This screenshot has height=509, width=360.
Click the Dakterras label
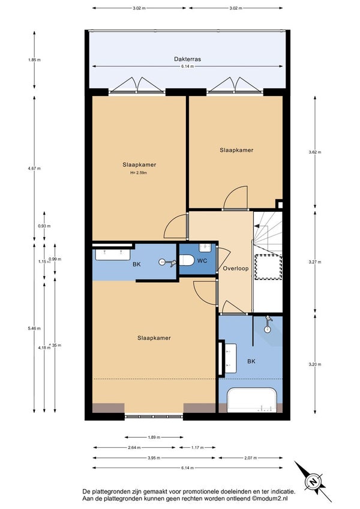[x=187, y=59]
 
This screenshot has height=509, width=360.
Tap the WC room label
[x=202, y=261]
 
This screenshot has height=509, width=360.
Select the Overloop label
[x=236, y=268]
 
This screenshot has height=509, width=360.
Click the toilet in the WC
[x=187, y=260]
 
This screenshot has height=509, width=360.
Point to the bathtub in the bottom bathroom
[x=252, y=400]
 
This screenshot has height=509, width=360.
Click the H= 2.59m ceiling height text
[x=139, y=173]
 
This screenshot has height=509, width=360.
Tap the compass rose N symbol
[x=313, y=481]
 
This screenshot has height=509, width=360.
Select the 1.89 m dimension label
[x=154, y=437]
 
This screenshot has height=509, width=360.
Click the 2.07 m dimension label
[x=251, y=458]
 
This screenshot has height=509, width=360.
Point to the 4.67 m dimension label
[x=34, y=169]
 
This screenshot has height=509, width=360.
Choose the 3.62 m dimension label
[x=315, y=152]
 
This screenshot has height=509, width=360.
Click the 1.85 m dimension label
[x=34, y=60]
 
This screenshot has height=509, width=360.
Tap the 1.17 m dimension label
[x=197, y=447]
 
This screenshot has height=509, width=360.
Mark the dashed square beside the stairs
[x=268, y=267]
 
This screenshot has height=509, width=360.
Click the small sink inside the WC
[x=205, y=248]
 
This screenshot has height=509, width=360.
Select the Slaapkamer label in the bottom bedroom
[x=154, y=338]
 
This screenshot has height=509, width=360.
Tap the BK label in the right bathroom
[x=251, y=361]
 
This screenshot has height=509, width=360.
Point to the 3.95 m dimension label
[x=154, y=458]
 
